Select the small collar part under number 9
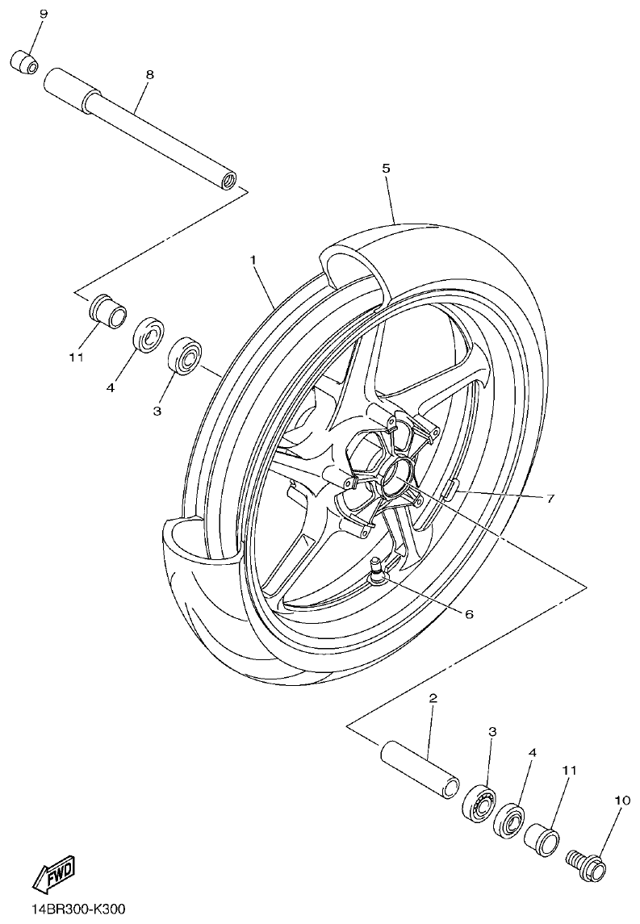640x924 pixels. (x=23, y=61)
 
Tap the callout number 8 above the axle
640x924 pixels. (x=149, y=73)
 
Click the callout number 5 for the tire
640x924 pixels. (x=386, y=168)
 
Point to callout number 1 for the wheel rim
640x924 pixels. (x=253, y=260)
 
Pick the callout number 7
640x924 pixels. (x=550, y=498)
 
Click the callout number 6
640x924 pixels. (x=469, y=613)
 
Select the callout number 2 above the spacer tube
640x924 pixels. (x=433, y=698)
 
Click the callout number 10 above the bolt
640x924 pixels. (x=621, y=801)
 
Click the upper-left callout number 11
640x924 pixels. (x=76, y=356)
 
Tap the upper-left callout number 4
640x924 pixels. (x=111, y=387)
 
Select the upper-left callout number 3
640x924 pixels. (x=157, y=410)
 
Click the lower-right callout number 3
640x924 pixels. (x=492, y=731)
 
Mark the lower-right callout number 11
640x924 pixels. (x=569, y=771)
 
